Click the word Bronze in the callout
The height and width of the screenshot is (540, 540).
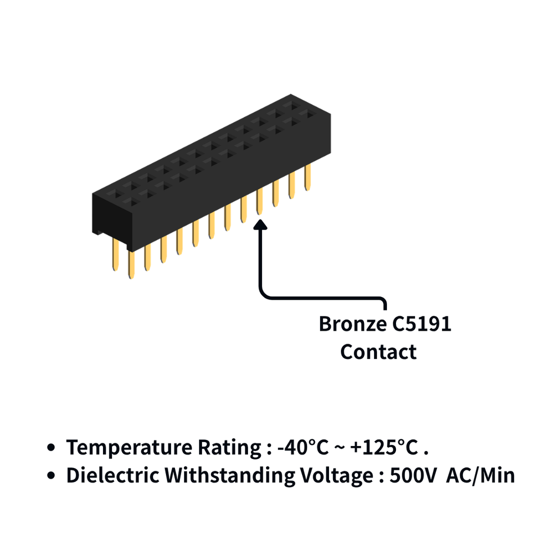[x=353, y=324]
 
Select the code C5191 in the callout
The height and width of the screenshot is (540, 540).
[x=422, y=324]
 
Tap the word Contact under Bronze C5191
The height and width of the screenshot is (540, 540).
[x=379, y=352]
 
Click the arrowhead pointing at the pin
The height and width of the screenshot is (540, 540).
[x=260, y=224]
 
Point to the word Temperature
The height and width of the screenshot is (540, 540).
[x=129, y=448]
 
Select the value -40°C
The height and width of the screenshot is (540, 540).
[x=303, y=447]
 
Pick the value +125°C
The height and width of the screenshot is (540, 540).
[x=384, y=447]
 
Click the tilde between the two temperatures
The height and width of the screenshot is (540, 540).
[x=339, y=448]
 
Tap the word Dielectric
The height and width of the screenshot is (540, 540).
[x=112, y=476]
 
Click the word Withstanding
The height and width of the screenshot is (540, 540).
[x=229, y=476]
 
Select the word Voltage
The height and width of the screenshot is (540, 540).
[x=336, y=476]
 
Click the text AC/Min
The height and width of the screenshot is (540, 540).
[x=480, y=476]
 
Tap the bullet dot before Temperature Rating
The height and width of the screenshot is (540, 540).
[x=51, y=448]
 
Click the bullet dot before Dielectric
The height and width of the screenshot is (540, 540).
[x=51, y=476]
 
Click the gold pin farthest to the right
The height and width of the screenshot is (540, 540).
[x=308, y=177]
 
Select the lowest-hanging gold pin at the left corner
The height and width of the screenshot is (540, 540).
[x=131, y=264]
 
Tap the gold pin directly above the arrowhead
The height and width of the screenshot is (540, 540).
[x=259, y=201]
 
